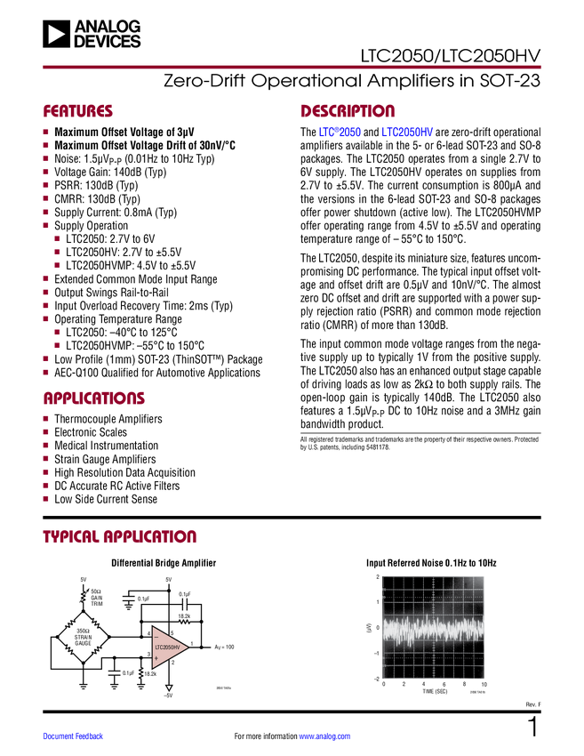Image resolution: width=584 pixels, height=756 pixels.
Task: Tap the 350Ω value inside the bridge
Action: tap(83, 631)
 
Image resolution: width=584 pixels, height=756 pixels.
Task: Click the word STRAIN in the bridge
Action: tap(83, 637)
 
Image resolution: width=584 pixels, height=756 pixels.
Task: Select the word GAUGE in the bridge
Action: tap(83, 643)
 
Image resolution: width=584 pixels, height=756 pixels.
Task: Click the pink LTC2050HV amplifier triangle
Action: tap(168, 647)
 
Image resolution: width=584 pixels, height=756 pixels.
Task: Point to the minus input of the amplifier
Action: tap(156, 637)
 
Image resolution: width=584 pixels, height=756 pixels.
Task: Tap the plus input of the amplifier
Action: tap(156, 658)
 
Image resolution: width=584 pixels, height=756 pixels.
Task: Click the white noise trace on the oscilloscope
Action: tap(434, 630)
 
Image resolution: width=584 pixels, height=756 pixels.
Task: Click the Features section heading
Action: tap(78, 112)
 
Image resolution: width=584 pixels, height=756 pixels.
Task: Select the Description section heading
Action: tap(347, 112)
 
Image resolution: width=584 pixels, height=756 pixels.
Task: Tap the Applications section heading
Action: tap(94, 399)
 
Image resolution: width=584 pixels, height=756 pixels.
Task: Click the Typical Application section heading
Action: tap(119, 537)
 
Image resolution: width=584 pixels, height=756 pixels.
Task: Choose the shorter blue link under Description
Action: tap(340, 133)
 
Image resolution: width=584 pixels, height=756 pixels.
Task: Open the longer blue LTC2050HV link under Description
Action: tap(407, 133)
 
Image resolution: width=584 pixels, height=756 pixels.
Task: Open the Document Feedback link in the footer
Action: tap(74, 736)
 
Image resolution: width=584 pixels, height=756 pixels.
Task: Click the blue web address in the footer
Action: tap(324, 736)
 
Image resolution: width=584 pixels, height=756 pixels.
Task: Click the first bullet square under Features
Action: tap(45, 133)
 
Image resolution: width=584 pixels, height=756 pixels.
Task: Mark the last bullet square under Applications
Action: tap(45, 498)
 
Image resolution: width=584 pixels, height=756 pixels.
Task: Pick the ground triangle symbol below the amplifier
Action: tap(169, 688)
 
